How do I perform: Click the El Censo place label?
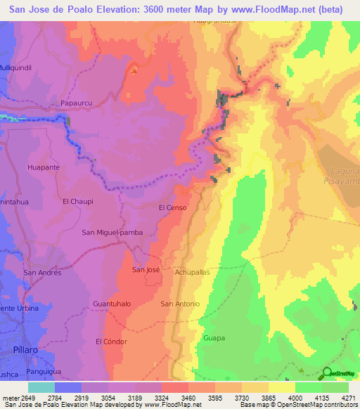click(x=172, y=208)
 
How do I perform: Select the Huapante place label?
click(x=43, y=167)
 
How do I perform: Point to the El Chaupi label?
click(x=77, y=201)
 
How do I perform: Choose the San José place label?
click(x=148, y=269)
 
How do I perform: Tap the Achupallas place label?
click(x=193, y=269)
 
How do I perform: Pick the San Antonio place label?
click(x=180, y=304)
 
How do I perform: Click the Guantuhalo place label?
click(x=112, y=304)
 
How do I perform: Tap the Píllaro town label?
click(x=13, y=349)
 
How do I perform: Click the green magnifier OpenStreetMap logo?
click(x=328, y=372)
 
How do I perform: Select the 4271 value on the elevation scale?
click(x=349, y=398)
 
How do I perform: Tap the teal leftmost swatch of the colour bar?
click(x=41, y=387)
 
